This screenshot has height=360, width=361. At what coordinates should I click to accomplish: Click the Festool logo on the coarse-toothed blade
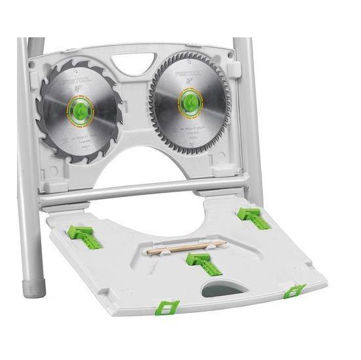pyautogui.click(x=78, y=82)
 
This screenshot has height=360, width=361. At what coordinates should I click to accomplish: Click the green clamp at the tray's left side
pyautogui.click(x=84, y=236)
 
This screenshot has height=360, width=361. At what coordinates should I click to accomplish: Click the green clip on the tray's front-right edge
pyautogui.click(x=294, y=290)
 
